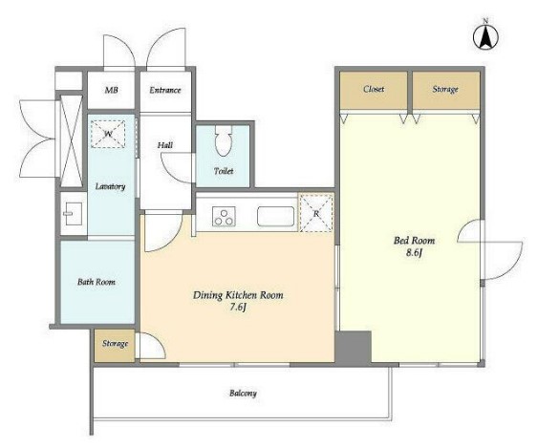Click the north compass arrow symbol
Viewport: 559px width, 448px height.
point(485,36)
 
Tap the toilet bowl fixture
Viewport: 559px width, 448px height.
point(224,140)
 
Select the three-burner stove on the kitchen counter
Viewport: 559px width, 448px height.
point(224,217)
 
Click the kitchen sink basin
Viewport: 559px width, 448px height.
point(275,216)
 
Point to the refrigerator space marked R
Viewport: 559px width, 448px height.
point(316,213)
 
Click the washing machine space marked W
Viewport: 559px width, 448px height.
point(108,134)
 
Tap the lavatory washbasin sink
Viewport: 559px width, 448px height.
point(73,214)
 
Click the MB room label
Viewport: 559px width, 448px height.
point(111,90)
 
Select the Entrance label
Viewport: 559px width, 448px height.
point(165,90)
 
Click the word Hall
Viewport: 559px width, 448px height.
point(165,145)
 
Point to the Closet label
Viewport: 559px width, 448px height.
point(374,89)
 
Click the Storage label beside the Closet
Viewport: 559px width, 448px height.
point(445,89)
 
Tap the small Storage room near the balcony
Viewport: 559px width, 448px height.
point(115,346)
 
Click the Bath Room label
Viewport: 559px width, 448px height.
point(97,282)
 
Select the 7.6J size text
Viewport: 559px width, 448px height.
point(238,308)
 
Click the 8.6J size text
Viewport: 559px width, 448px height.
point(414,253)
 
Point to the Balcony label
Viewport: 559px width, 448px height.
point(243,394)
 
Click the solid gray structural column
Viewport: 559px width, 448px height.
point(353,347)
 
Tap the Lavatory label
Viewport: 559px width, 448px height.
point(110,186)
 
